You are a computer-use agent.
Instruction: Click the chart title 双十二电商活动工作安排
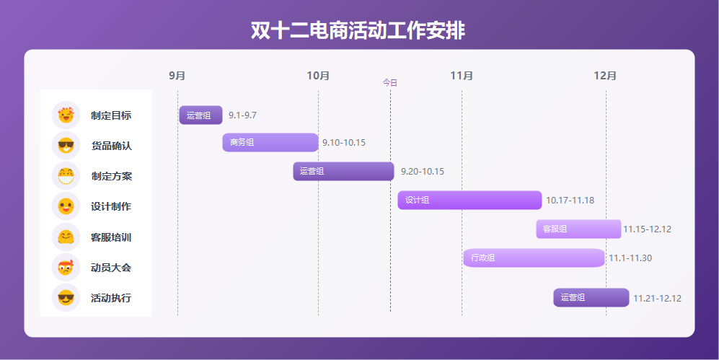[358, 31]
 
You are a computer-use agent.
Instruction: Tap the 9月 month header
[177, 76]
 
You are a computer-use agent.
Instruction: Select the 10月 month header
[318, 76]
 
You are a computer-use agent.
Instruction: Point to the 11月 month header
[462, 76]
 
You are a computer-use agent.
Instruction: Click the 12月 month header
[606, 76]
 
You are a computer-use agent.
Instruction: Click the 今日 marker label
[390, 83]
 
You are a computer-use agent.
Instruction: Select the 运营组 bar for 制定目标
[200, 115]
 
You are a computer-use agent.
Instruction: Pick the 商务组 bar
[270, 142]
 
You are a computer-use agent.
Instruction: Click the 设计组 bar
[469, 200]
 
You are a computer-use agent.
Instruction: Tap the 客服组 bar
[578, 229]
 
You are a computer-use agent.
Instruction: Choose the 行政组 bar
[534, 258]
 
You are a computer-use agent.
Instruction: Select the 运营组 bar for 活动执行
[591, 297]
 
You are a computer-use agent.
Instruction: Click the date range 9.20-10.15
[423, 172]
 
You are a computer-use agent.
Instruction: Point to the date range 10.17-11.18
[570, 201]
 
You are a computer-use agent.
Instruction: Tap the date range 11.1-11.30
[630, 258]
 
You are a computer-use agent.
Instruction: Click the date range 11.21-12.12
[657, 298]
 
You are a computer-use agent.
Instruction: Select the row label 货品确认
[111, 146]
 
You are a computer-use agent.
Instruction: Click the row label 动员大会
[111, 268]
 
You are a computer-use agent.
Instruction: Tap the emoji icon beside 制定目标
[66, 115]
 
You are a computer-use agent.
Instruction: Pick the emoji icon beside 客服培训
[66, 237]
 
